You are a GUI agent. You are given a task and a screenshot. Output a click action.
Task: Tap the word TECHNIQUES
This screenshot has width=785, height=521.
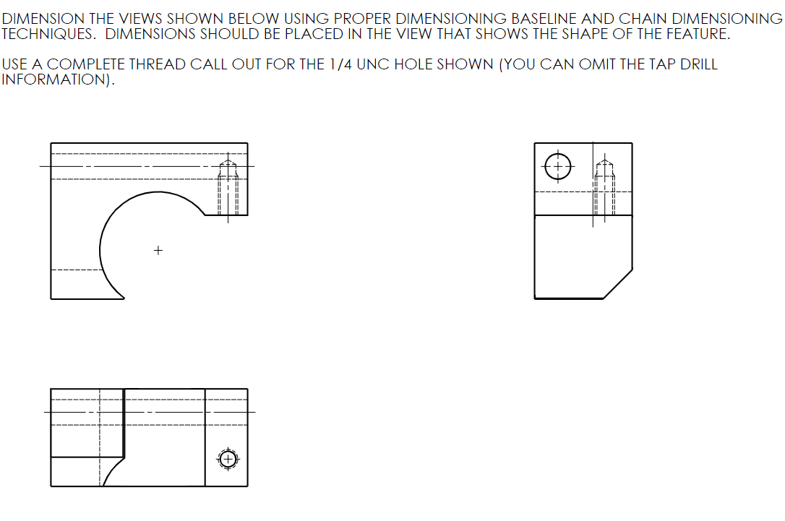click(x=48, y=34)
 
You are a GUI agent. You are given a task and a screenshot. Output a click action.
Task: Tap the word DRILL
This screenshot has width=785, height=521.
click(x=698, y=64)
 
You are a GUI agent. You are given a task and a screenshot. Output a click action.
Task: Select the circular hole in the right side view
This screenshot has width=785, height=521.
click(x=557, y=166)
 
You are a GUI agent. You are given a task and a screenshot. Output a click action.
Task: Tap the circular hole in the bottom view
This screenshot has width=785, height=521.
click(x=228, y=459)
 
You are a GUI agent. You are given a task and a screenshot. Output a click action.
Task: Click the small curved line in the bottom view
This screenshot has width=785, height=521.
click(x=113, y=470)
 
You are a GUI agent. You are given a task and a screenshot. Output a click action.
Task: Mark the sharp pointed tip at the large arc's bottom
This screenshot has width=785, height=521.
click(x=123, y=297)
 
